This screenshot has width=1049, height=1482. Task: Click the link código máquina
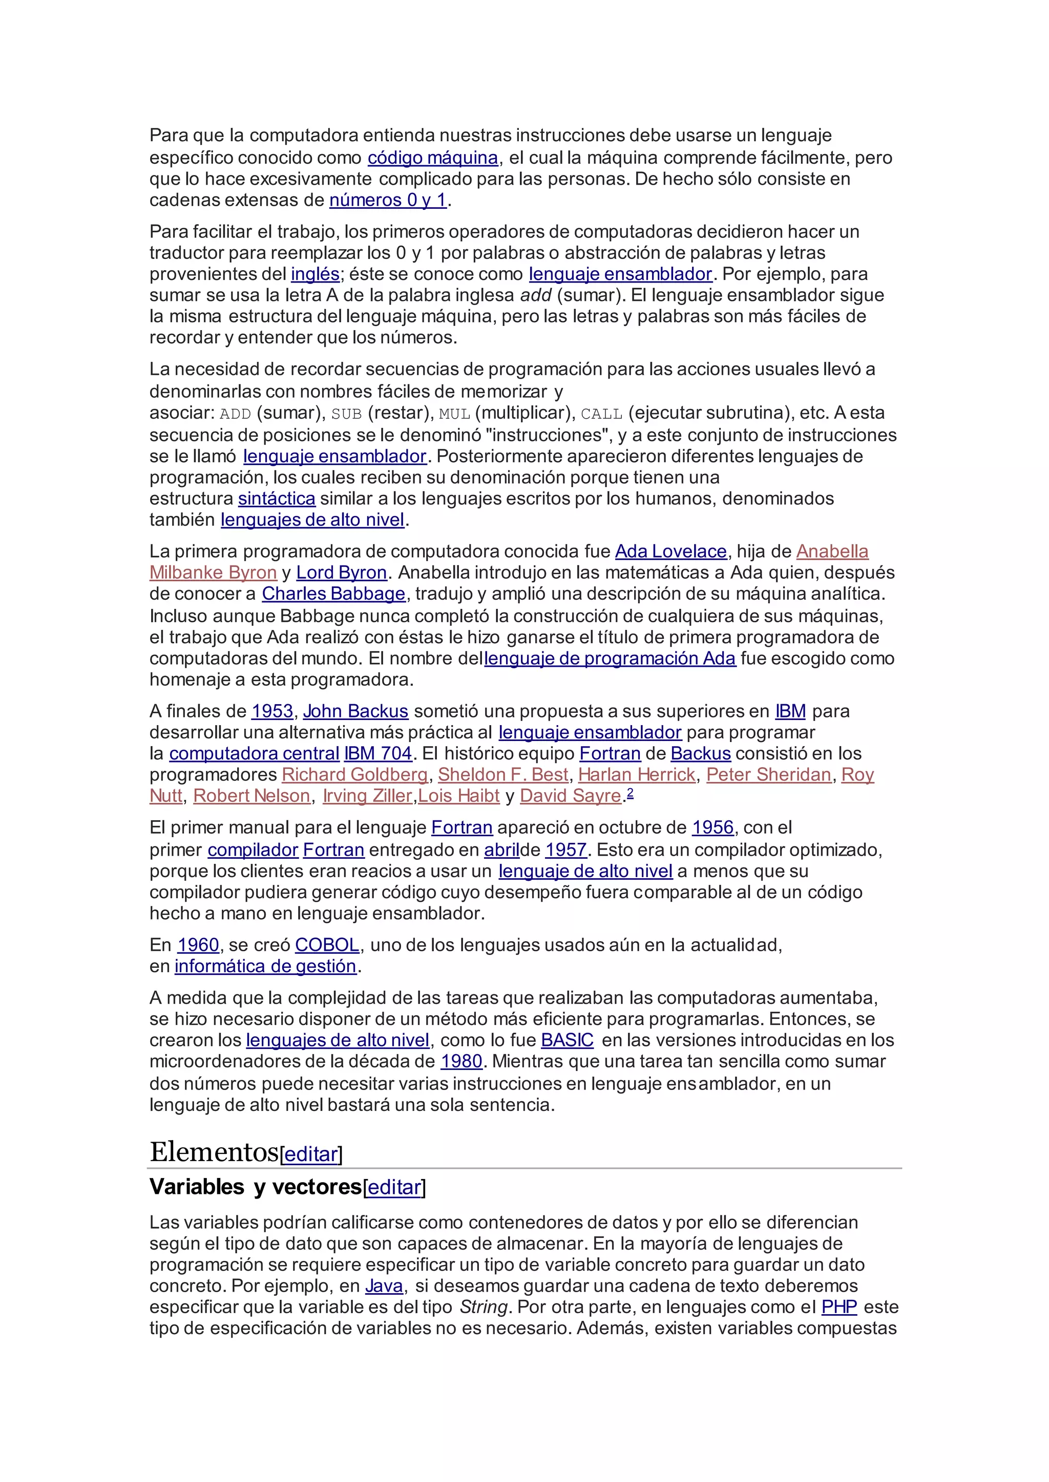point(433,158)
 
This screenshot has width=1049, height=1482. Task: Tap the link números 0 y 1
point(388,200)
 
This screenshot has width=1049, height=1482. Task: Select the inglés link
point(315,274)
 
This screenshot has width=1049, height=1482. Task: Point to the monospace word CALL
point(601,414)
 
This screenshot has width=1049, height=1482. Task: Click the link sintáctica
point(277,499)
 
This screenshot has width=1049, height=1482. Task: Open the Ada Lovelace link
point(670,552)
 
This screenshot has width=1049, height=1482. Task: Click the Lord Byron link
point(341,573)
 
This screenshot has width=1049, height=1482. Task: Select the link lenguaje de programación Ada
point(610,659)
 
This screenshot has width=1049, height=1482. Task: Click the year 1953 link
point(272,711)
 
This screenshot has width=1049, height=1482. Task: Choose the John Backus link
point(355,711)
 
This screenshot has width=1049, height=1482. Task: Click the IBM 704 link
point(378,754)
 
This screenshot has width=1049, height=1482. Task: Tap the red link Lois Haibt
point(458,796)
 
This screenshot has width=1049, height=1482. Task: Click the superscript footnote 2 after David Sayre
point(631,793)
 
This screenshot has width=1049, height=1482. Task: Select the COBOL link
point(327,945)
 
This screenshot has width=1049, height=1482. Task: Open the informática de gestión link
point(265,966)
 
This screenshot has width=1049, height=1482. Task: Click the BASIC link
point(567,1040)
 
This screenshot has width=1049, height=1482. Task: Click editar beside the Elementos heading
point(311,1155)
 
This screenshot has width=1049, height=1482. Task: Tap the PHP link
point(839,1307)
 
